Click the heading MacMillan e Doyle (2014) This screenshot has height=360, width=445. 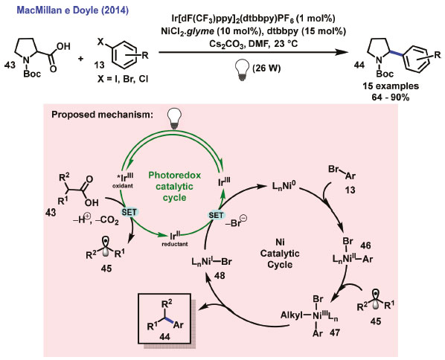73,10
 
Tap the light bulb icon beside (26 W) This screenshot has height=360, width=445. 242,71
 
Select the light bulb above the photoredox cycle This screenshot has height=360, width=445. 175,119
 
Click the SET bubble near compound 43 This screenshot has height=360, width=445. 129,212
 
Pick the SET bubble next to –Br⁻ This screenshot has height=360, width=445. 216,215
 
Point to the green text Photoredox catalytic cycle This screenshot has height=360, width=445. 175,187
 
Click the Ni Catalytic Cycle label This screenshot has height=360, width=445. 280,254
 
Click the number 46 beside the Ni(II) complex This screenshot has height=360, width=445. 365,245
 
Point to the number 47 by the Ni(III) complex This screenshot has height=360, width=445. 335,332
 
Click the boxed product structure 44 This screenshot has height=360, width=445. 164,318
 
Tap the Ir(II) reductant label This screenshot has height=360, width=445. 175,239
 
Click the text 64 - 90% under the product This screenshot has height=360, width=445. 391,97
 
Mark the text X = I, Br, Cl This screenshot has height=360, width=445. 122,80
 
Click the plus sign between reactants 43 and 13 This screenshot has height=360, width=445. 81,59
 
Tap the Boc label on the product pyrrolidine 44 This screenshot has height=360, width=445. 385,74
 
